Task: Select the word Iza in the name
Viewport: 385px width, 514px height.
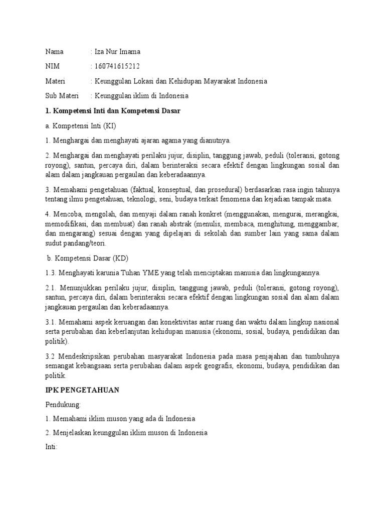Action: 99,51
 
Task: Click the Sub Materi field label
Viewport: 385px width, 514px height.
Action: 62,95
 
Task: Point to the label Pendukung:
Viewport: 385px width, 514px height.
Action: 63,404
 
